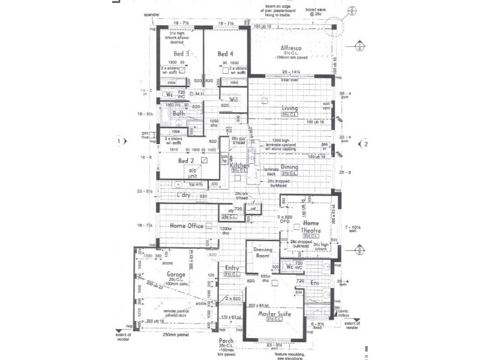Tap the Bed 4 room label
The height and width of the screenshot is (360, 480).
coord(225,54)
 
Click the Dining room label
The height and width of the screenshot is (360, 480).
coord(290,167)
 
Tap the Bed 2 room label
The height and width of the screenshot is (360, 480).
coord(187,161)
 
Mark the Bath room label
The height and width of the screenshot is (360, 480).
coord(178,113)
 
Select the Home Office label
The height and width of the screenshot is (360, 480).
coord(187,226)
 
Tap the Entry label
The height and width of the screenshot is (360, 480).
coord(233,268)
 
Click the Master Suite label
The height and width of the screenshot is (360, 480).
coord(274,314)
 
